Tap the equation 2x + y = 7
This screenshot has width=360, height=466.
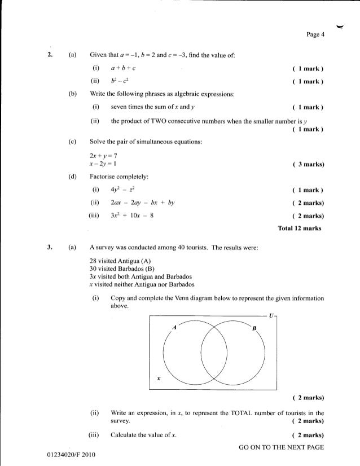(102, 154)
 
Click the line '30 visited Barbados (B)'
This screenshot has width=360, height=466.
(122, 269)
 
